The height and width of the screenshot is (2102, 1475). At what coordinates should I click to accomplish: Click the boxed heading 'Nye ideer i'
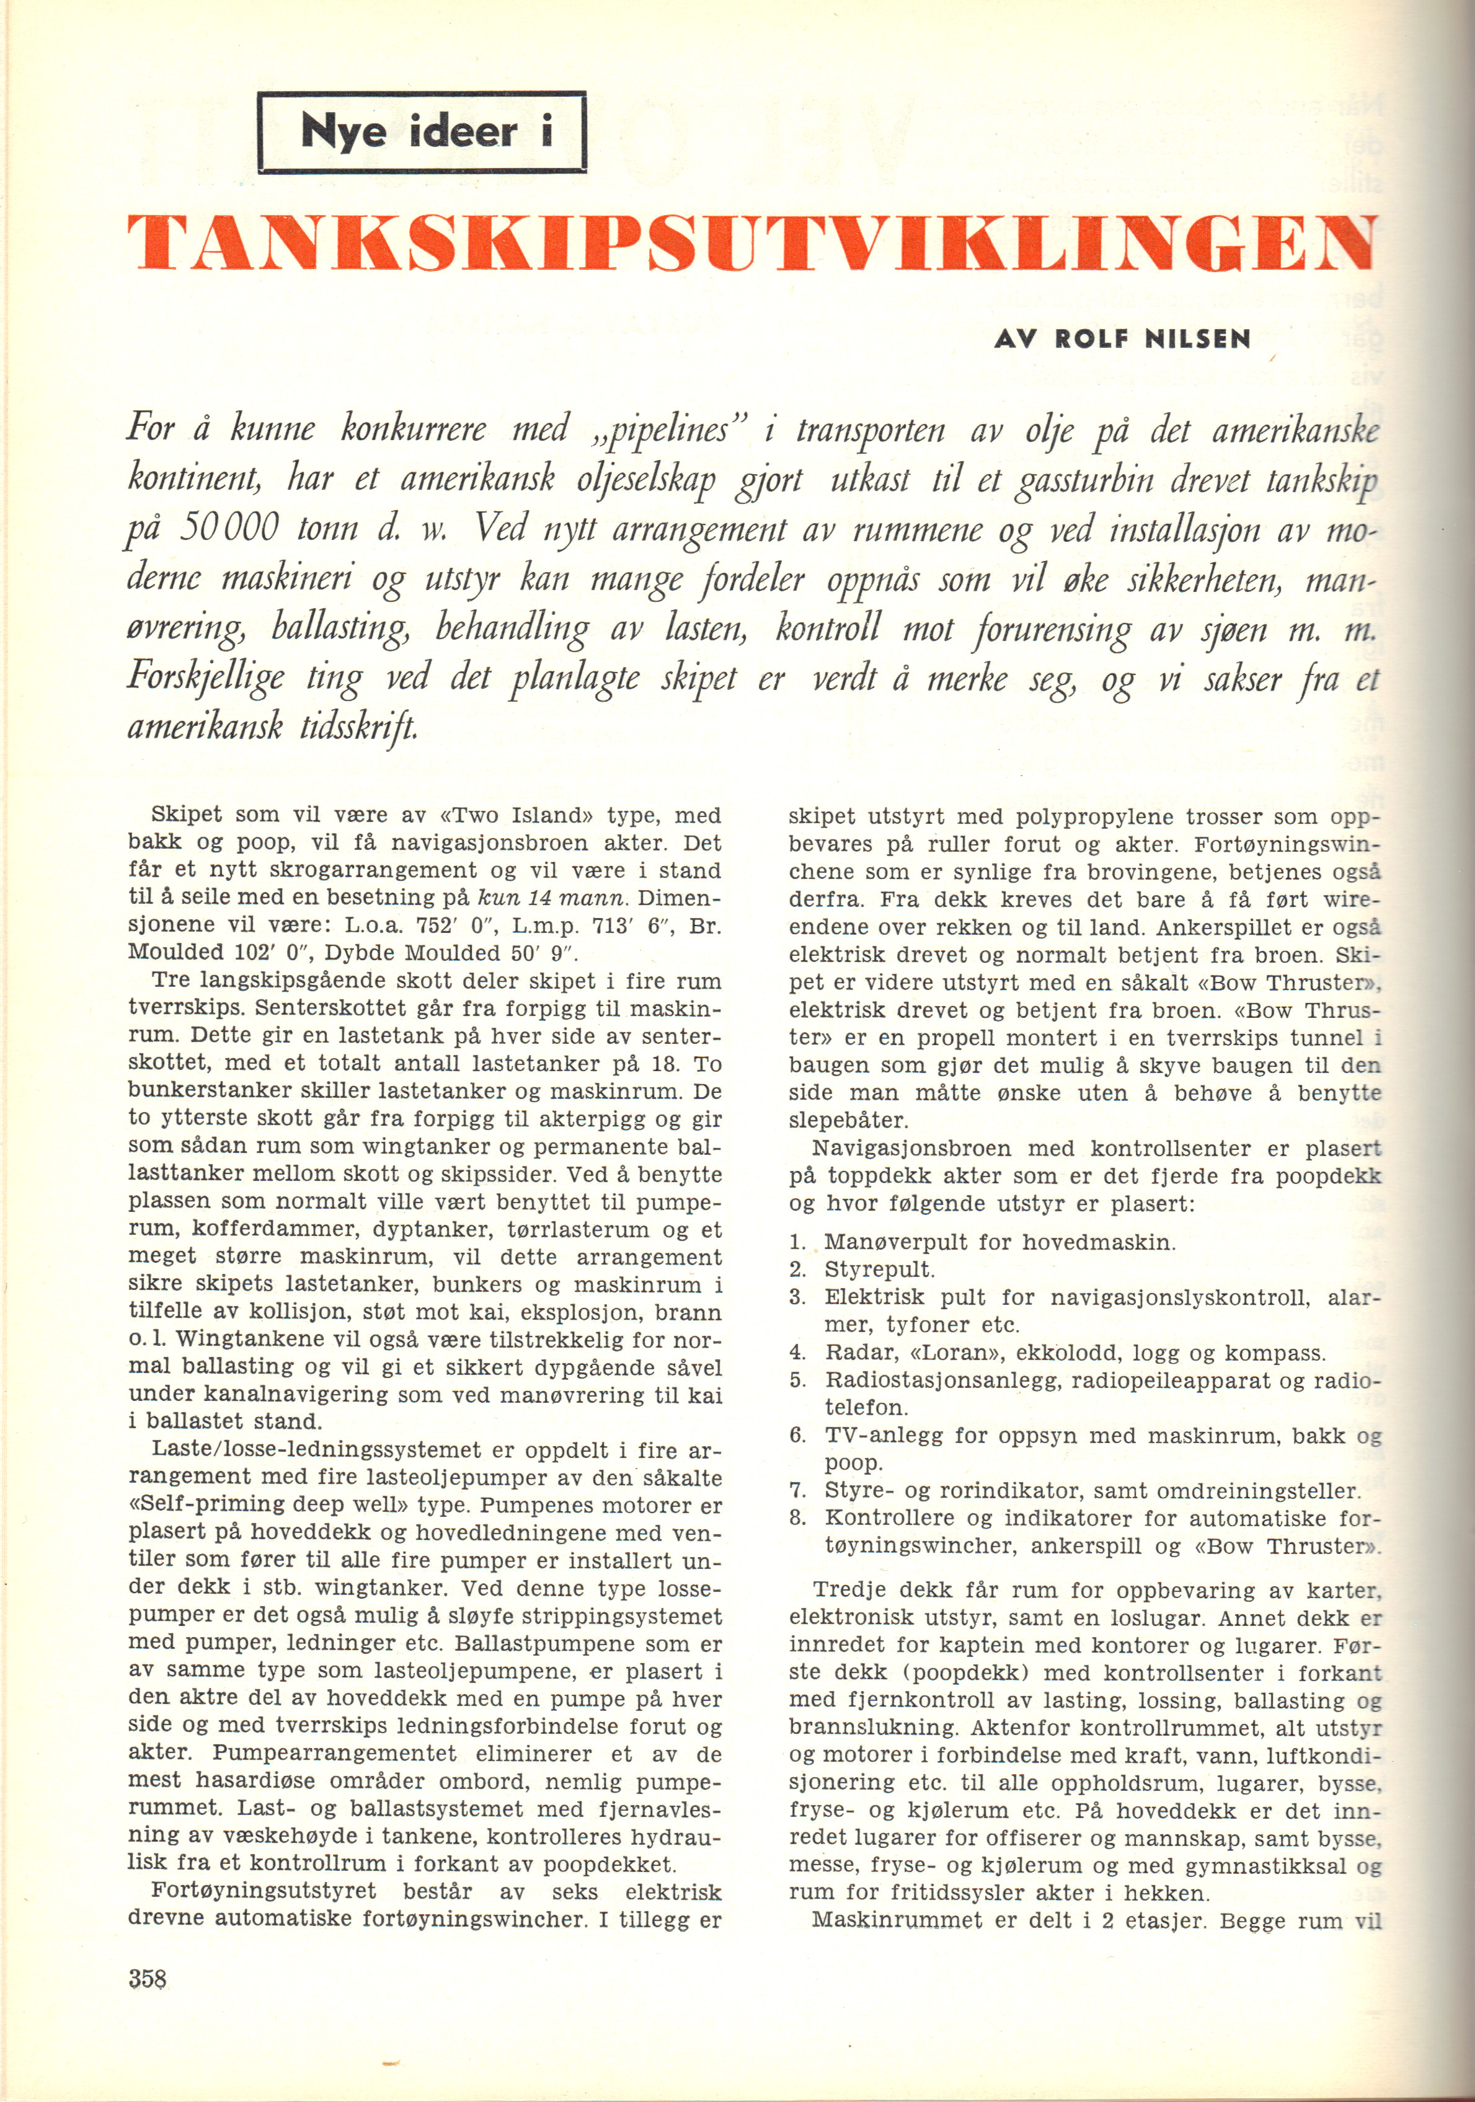(422, 133)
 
